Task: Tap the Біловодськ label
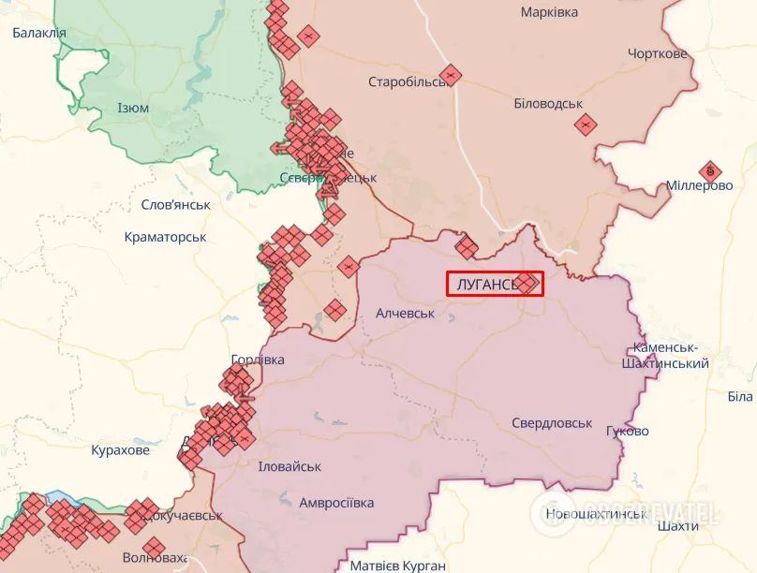pyautogui.click(x=548, y=103)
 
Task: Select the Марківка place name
pyautogui.click(x=549, y=12)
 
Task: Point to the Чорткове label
pyautogui.click(x=658, y=53)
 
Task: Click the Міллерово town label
pyautogui.click(x=699, y=185)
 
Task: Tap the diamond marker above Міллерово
pyautogui.click(x=710, y=170)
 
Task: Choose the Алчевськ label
pyautogui.click(x=405, y=313)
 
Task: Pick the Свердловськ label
pyautogui.click(x=552, y=423)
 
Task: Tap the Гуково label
pyautogui.click(x=628, y=431)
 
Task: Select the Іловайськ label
pyautogui.click(x=289, y=466)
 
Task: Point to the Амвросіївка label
pyautogui.click(x=336, y=503)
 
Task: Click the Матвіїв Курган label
pyautogui.click(x=397, y=566)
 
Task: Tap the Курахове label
pyautogui.click(x=120, y=450)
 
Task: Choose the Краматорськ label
pyautogui.click(x=165, y=237)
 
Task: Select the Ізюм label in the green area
pyautogui.click(x=133, y=108)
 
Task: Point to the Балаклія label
pyautogui.click(x=38, y=33)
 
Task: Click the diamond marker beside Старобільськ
pyautogui.click(x=451, y=75)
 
